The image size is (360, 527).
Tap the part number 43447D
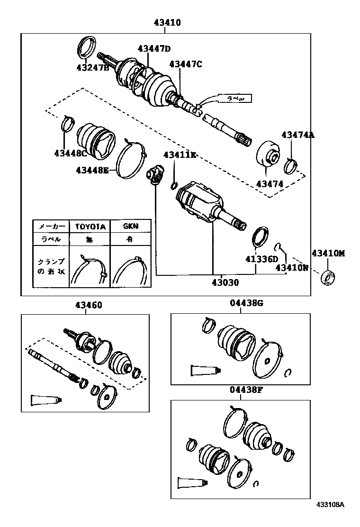[x=154, y=48]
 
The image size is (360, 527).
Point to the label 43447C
[x=186, y=64]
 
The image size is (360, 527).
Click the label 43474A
[x=298, y=135]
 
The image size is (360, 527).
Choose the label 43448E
[x=92, y=169]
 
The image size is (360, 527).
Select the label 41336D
[x=261, y=259]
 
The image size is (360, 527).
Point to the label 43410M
[x=328, y=254]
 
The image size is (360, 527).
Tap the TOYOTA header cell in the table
[x=90, y=227]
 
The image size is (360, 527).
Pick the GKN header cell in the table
[x=130, y=227]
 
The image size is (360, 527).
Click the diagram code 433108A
[x=331, y=518]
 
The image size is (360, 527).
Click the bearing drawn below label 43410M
[x=327, y=277]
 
